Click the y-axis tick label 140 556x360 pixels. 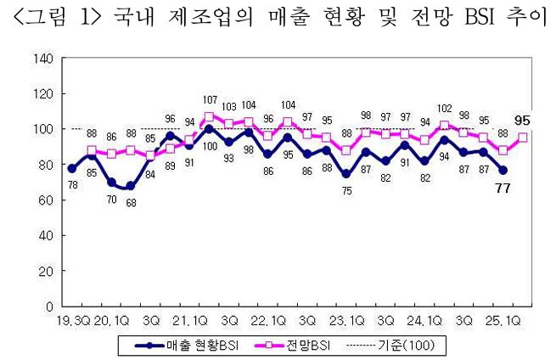[x=45, y=58]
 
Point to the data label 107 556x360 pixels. [x=210, y=99]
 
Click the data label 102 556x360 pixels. [x=445, y=108]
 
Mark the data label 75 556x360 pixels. [x=346, y=191]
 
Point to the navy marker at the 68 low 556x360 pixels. [x=130, y=186]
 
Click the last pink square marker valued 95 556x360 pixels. [x=524, y=138]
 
